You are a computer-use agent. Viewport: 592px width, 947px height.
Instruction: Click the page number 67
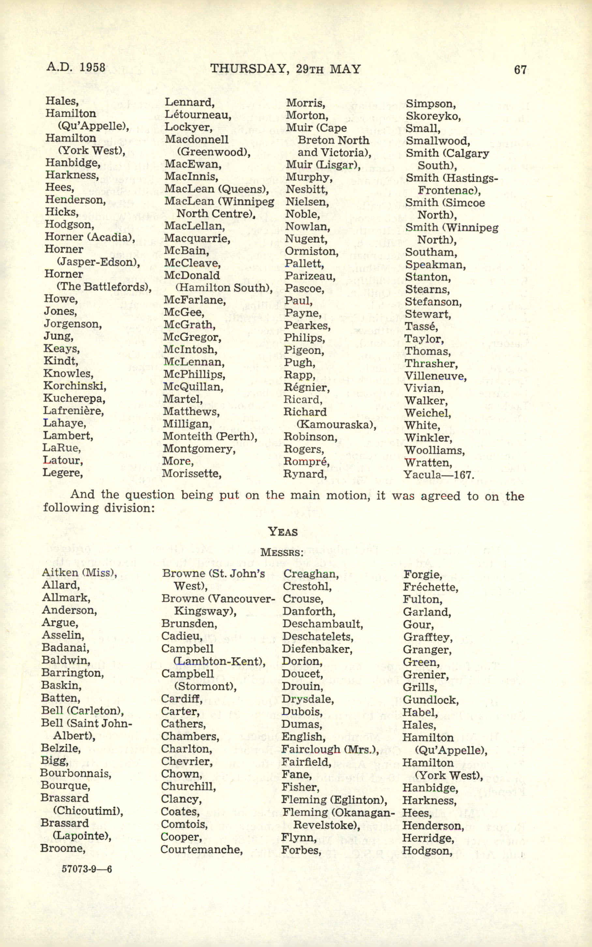tap(520, 70)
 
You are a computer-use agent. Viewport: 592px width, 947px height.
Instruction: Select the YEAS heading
tap(283, 532)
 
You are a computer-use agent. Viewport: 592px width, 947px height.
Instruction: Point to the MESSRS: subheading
tap(282, 553)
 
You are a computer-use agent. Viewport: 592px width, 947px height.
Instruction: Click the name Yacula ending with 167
tap(438, 475)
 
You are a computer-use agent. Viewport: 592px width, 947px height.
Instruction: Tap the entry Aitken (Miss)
tap(80, 573)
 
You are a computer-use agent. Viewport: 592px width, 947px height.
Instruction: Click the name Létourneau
tap(198, 115)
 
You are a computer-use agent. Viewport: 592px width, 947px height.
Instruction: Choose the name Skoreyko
tap(433, 116)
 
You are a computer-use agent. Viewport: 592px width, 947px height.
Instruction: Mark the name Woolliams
tap(434, 450)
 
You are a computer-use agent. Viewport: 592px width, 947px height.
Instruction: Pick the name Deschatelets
tap(318, 636)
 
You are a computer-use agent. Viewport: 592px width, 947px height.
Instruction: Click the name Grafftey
tap(428, 637)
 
